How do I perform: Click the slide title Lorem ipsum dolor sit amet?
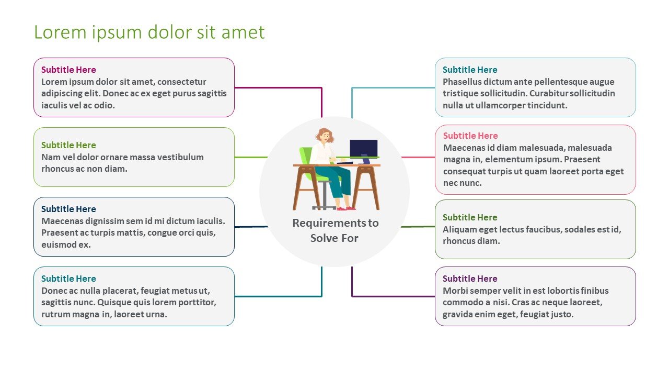[149, 32]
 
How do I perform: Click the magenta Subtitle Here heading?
[68, 70]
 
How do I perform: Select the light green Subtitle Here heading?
[68, 145]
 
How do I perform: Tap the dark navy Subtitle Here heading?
[68, 209]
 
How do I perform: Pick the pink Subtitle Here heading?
[470, 136]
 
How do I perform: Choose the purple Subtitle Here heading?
[470, 279]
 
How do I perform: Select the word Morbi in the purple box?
[454, 291]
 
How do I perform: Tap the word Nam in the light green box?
[49, 157]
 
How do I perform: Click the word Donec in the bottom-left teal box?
[53, 291]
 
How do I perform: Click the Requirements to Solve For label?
[335, 230]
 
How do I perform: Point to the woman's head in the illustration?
[325, 136]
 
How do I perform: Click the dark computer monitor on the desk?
[363, 148]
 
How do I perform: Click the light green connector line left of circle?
[251, 157]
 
